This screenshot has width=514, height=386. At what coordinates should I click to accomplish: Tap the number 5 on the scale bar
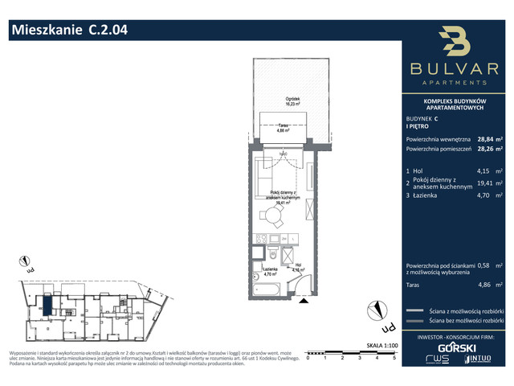point(394,359)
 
